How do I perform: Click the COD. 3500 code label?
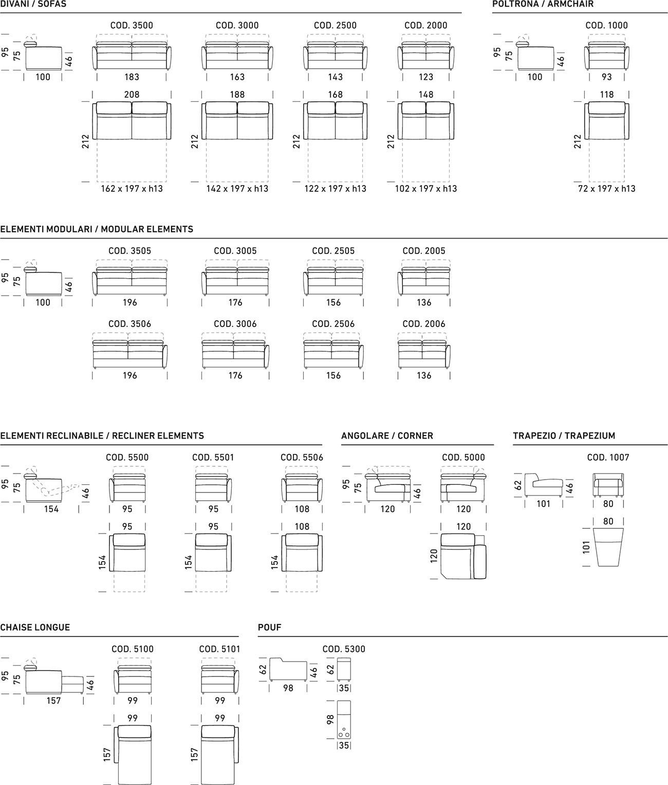pos(132,25)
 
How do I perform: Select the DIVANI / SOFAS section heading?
pos(33,4)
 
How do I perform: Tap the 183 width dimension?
pos(132,77)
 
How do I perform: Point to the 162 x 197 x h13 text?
pos(132,189)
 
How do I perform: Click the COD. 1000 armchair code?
pos(606,25)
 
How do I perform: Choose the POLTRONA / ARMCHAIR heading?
pos(543,4)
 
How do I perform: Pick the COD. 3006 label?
pos(235,324)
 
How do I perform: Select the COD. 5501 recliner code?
pos(213,458)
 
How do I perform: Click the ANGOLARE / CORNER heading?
pos(387,436)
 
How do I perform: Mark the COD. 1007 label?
pos(608,458)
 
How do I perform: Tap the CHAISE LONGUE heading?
pos(35,628)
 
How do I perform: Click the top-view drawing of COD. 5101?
pos(220,753)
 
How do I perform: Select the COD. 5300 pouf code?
pos(344,649)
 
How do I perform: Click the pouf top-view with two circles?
pos(344,719)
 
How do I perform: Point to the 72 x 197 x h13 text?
pos(606,189)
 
